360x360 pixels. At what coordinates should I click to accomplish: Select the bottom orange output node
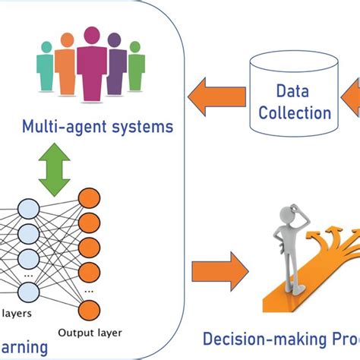(x=89, y=308)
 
